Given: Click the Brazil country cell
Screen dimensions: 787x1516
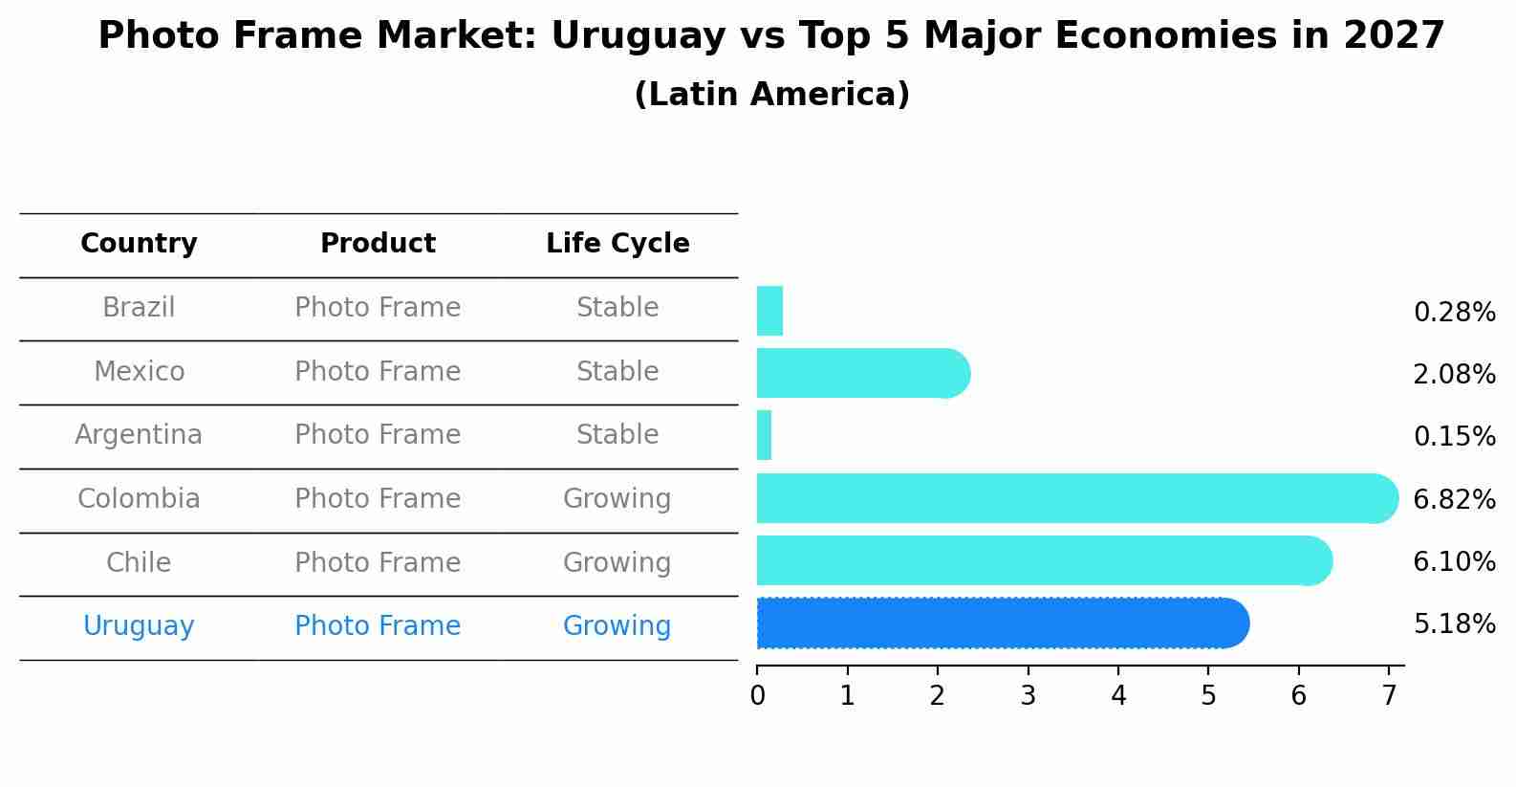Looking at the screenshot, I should [139, 308].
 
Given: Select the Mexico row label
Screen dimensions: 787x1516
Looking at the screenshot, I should [139, 371].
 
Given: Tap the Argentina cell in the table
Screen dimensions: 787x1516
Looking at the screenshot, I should [139, 435].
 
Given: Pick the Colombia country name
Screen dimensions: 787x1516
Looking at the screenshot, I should [139, 499].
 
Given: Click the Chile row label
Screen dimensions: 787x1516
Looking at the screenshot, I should [139, 562].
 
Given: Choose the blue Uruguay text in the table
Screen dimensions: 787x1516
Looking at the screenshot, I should [139, 626].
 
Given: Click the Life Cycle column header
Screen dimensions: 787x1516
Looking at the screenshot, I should [617, 244].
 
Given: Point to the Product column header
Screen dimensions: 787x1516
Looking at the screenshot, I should [378, 244].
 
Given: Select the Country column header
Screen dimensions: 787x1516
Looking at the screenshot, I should [139, 244].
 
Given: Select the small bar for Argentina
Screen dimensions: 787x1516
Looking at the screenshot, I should [764, 435].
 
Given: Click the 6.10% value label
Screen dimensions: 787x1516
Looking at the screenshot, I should [1454, 562].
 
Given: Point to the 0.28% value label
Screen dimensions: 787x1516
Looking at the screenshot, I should [1454, 313].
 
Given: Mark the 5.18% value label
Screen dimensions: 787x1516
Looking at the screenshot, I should [1454, 624].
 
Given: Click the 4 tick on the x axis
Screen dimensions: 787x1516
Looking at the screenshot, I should [1118, 696].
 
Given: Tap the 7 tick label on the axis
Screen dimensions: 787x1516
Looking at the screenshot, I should [1389, 696].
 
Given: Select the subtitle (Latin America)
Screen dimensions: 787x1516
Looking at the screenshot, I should [771, 95].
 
